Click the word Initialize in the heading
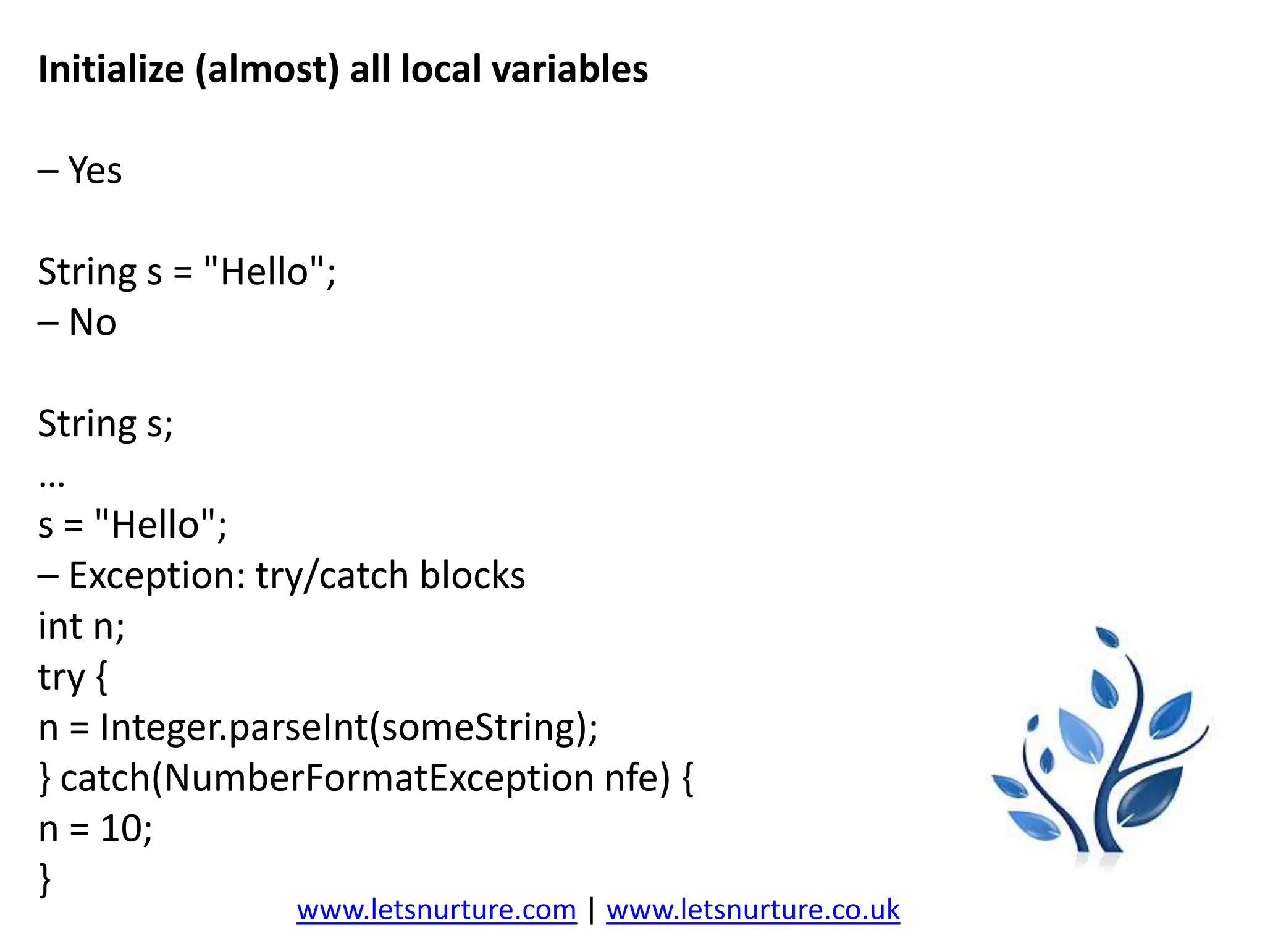(x=111, y=69)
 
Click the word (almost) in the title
(x=267, y=69)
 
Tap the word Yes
(x=95, y=171)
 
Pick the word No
(x=92, y=323)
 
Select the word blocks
(x=473, y=576)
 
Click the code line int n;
(x=81, y=626)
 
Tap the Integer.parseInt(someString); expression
(x=349, y=728)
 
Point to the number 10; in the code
(x=127, y=829)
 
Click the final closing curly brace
(x=44, y=879)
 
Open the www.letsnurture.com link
(x=436, y=910)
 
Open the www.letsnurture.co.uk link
(x=752, y=910)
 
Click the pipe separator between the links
(x=592, y=910)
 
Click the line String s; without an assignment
(x=106, y=424)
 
